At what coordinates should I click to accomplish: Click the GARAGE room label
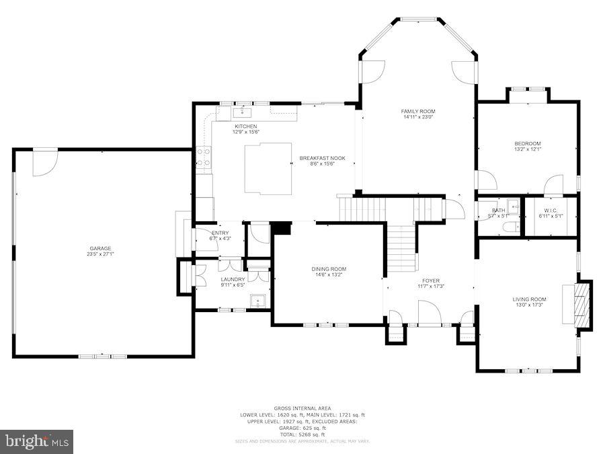[x=99, y=248]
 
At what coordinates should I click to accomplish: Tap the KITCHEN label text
[x=245, y=126]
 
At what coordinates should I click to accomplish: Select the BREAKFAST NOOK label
[x=322, y=158]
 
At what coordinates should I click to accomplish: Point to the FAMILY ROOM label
[x=418, y=112]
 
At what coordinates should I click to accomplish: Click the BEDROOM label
[x=527, y=143]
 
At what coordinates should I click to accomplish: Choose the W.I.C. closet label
[x=551, y=211]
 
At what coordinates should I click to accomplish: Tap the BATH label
[x=498, y=211]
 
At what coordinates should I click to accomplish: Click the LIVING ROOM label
[x=530, y=299]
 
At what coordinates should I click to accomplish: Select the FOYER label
[x=430, y=280]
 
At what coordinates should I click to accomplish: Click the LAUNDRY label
[x=232, y=280]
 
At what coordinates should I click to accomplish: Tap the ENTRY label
[x=220, y=233]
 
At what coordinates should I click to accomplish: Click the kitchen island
[x=268, y=168]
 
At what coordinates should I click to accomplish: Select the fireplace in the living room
[x=582, y=305]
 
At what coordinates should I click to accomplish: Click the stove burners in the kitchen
[x=203, y=157]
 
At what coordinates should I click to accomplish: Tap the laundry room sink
[x=257, y=301]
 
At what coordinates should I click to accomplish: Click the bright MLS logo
[x=37, y=441]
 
